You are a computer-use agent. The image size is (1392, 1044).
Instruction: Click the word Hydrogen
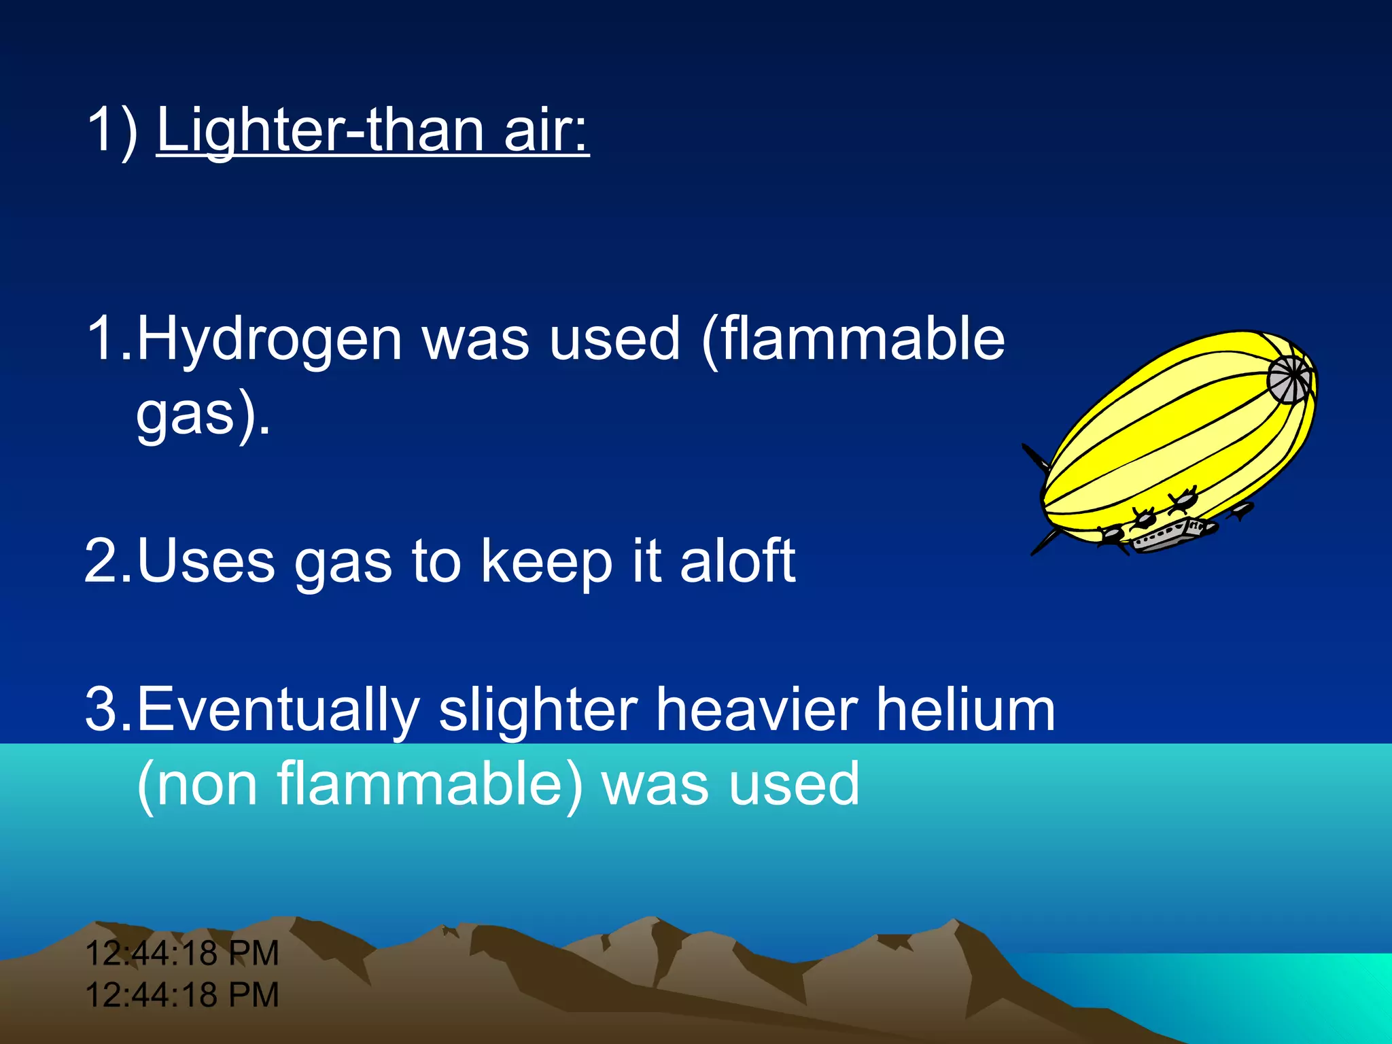269,340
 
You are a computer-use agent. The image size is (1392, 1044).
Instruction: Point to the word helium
965,710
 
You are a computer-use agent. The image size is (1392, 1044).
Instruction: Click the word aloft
737,561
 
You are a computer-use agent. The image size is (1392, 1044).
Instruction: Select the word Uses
206,561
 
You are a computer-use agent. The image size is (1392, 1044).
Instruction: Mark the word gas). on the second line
203,416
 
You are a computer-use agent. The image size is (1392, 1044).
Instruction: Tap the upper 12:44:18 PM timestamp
182,953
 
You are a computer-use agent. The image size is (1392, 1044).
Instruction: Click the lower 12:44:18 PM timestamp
182,995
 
